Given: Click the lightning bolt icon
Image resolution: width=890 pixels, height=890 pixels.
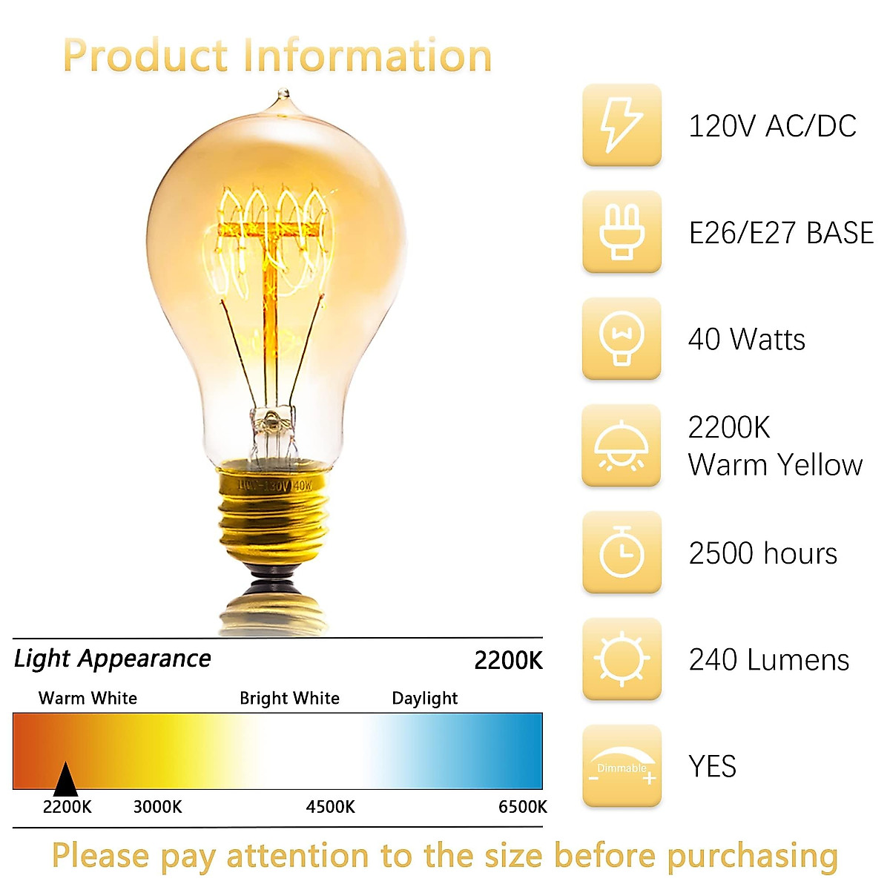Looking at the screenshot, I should (622, 125).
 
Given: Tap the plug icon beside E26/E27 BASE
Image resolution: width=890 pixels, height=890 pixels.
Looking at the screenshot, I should (622, 232).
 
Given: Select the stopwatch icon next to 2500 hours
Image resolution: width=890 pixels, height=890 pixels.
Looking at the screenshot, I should (622, 553).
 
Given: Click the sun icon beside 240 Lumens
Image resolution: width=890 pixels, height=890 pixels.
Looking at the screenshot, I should (622, 659).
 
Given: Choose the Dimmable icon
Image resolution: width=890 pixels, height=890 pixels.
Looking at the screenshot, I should (622, 766).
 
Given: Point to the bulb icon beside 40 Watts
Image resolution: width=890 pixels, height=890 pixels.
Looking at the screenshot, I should (622, 339).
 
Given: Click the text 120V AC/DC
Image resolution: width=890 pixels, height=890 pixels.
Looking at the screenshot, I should (772, 126).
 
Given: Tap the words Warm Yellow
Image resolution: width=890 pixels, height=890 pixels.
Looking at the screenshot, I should (775, 465).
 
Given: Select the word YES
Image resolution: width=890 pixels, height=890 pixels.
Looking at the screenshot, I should (712, 766).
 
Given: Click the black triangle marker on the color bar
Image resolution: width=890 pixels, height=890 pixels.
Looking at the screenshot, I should (65, 780).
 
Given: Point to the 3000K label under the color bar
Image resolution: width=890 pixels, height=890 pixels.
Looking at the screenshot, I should (157, 807).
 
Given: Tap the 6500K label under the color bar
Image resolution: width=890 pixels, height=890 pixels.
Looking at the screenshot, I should (522, 807).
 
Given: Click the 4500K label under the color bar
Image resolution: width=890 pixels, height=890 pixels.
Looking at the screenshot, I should (330, 807).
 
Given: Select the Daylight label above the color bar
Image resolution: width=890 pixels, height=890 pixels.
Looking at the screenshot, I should (424, 698).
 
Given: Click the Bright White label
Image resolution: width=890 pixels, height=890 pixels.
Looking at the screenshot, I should (289, 698).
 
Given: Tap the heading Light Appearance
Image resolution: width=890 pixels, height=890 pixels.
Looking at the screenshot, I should (112, 659).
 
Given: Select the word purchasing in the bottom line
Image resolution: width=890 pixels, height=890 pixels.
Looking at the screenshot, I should (751, 856).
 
